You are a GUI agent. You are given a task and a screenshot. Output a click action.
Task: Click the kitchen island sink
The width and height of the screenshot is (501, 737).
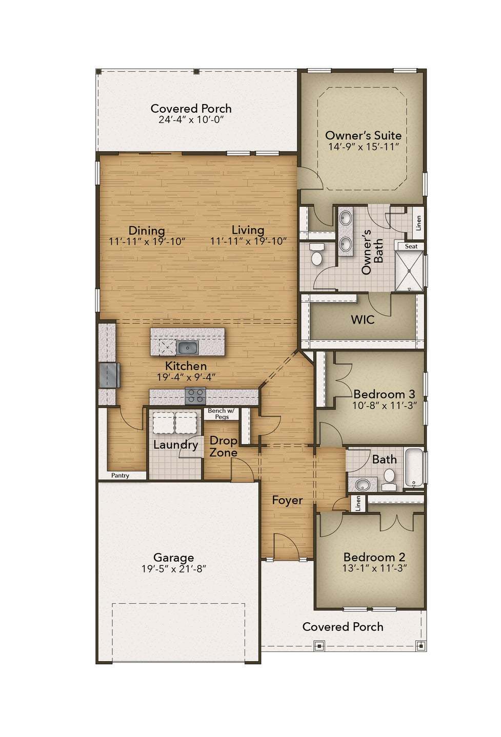(188, 348)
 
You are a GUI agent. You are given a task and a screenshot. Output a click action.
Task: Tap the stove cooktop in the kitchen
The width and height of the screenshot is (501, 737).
(195, 396)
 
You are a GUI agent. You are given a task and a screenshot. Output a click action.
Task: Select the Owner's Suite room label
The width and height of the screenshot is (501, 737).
(363, 135)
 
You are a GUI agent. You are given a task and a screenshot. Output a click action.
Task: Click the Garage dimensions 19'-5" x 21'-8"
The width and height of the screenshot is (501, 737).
(173, 568)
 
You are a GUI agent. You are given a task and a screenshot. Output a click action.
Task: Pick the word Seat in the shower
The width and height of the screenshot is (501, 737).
(411, 246)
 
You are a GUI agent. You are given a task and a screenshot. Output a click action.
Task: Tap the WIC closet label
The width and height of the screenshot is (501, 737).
(363, 320)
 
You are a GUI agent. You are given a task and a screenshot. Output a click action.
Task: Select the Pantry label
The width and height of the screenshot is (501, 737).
(121, 475)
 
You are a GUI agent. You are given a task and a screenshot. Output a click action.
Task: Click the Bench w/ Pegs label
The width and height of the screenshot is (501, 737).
(221, 414)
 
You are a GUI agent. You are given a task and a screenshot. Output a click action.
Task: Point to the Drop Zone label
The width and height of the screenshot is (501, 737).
(224, 447)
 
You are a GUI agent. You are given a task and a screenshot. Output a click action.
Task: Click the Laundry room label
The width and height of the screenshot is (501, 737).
(175, 445)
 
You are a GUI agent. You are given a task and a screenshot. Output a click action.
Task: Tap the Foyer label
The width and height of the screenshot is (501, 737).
(287, 500)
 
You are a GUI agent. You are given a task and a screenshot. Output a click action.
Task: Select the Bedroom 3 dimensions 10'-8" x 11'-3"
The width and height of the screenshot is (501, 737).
(384, 405)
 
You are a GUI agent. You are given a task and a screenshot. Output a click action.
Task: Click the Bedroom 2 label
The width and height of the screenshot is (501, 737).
(374, 557)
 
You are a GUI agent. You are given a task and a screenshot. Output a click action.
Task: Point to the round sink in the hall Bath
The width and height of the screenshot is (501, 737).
(364, 484)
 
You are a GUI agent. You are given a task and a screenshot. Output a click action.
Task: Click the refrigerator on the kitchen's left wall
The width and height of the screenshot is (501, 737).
(110, 375)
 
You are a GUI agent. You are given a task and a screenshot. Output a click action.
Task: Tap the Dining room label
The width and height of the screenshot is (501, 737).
(147, 230)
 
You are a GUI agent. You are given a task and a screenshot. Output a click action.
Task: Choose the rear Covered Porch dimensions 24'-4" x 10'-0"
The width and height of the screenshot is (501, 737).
(191, 119)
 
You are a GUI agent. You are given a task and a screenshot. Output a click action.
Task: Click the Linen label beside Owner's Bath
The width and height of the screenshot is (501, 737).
(418, 222)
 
